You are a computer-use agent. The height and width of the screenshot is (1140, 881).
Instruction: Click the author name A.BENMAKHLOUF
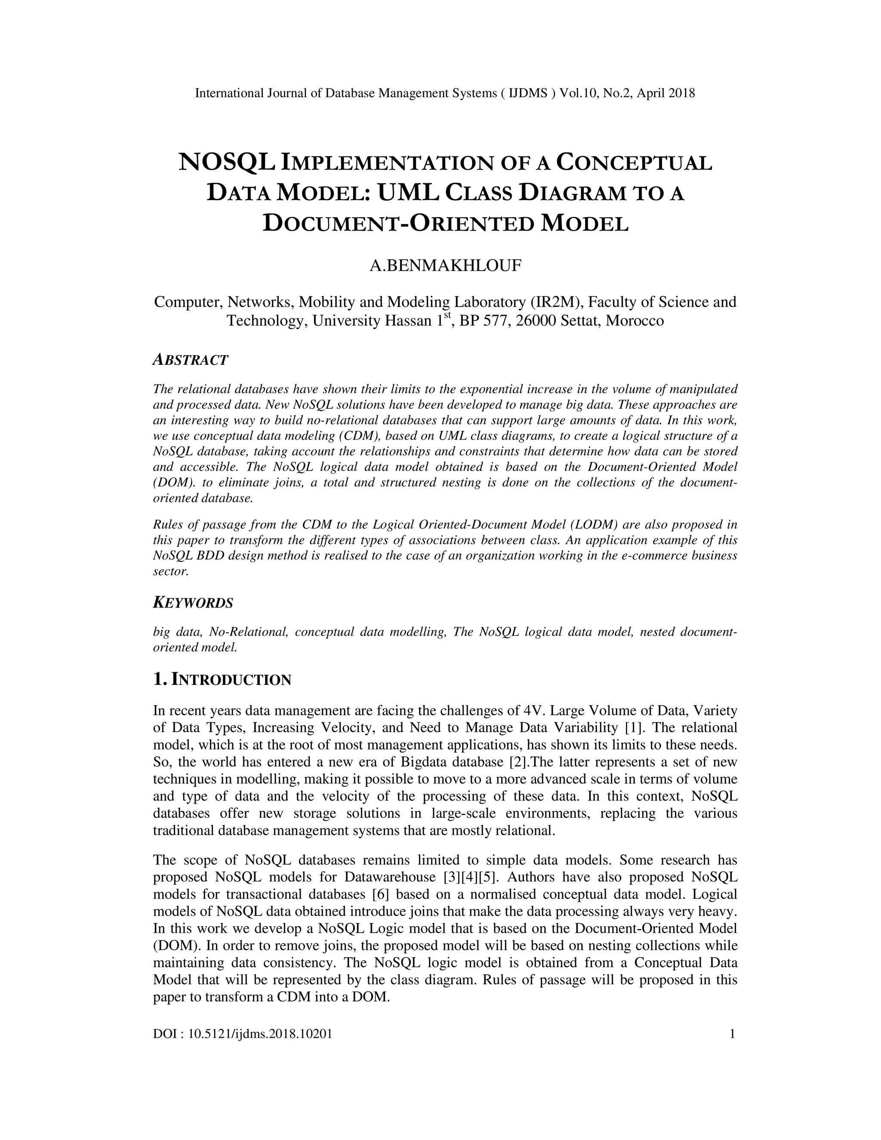click(445, 266)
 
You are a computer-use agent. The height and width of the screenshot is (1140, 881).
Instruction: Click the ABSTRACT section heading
click(191, 360)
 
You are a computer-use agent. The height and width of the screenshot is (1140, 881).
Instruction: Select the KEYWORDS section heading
click(193, 603)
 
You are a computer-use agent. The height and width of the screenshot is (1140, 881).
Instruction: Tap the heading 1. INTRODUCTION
click(222, 680)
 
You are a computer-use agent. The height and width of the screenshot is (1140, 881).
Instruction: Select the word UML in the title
click(408, 193)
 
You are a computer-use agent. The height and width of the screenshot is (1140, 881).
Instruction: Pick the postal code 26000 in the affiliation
click(536, 320)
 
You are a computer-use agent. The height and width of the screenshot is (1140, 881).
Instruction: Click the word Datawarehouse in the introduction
click(390, 877)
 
